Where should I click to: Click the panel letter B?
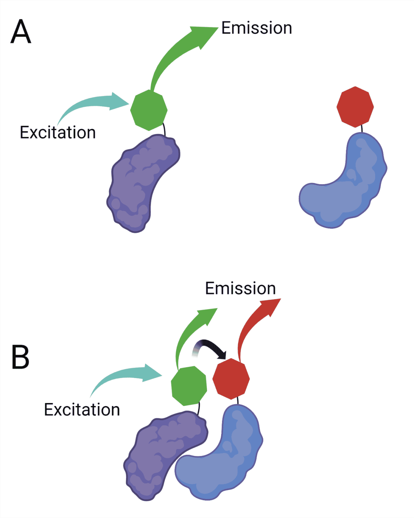(x=20, y=357)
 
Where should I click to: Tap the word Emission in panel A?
(x=257, y=28)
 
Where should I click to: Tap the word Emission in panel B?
(x=240, y=289)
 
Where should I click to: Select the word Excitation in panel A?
(x=58, y=133)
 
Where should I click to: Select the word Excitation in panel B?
(x=82, y=410)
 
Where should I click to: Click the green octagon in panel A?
(x=149, y=110)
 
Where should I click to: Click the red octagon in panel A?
(x=355, y=107)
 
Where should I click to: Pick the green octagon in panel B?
(x=189, y=385)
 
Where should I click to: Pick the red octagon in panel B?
(x=231, y=378)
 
